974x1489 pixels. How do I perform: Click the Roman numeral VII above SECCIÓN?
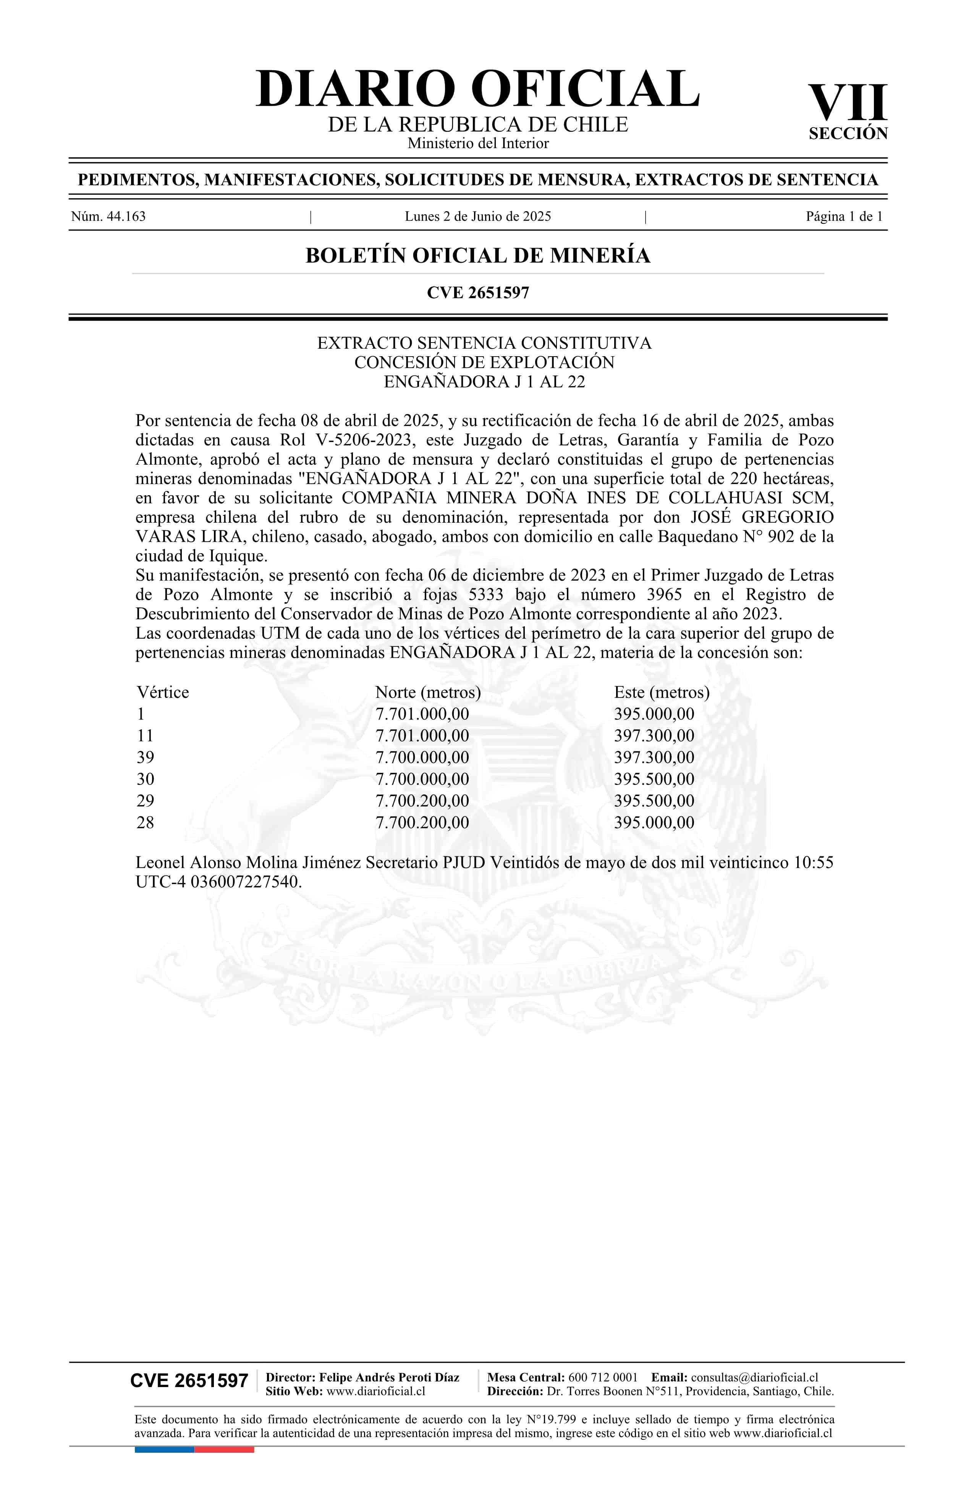tap(848, 103)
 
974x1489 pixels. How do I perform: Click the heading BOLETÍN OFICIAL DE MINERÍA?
tap(477, 256)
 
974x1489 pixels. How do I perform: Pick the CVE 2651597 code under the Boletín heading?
tap(477, 293)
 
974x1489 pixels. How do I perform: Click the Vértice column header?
tap(163, 693)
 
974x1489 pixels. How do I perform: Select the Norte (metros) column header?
tap(428, 693)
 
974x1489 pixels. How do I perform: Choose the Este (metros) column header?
tap(662, 693)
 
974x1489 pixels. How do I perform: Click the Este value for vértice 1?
tap(654, 714)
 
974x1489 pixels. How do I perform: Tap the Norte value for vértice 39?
tap(422, 757)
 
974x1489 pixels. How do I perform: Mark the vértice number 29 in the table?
tap(145, 801)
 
